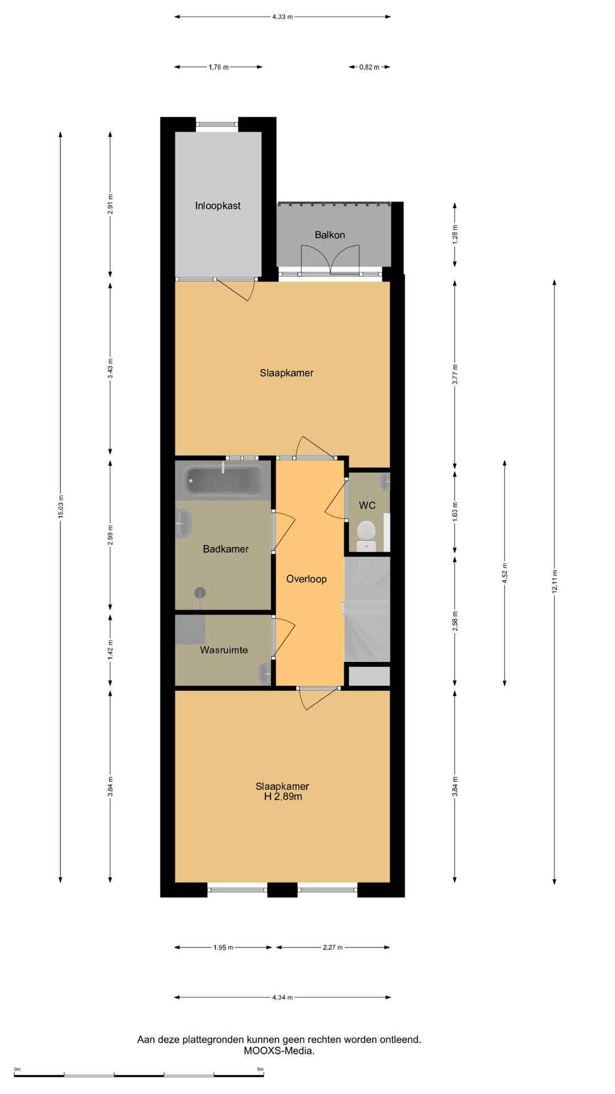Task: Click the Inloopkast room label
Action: (x=218, y=206)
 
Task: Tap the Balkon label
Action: (x=330, y=235)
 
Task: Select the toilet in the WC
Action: (x=366, y=534)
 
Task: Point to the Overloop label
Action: (x=306, y=579)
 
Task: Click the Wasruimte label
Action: (x=224, y=650)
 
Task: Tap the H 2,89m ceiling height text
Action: (x=283, y=797)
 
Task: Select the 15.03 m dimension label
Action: (x=60, y=507)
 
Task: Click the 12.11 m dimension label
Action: (x=555, y=582)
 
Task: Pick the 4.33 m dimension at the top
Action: (x=282, y=17)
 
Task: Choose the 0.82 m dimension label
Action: (x=369, y=67)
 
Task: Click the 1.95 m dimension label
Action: (x=223, y=948)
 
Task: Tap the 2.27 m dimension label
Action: (x=333, y=948)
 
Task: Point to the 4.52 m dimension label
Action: (x=505, y=573)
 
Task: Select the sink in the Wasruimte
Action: (x=265, y=673)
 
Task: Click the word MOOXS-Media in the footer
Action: (x=279, y=1051)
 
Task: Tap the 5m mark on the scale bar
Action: (x=260, y=1069)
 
